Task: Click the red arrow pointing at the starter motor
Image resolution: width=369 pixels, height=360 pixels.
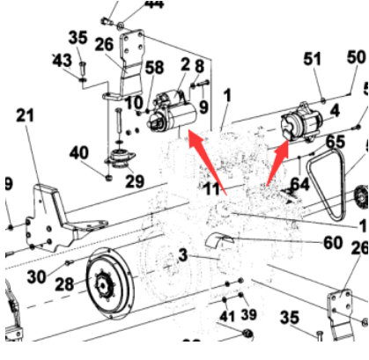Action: (x=201, y=155)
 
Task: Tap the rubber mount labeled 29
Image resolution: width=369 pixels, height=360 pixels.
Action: (x=117, y=163)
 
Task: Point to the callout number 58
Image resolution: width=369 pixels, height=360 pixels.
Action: (x=154, y=68)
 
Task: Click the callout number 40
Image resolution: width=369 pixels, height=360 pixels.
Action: (x=79, y=151)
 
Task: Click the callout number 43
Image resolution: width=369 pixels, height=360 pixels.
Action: (x=62, y=59)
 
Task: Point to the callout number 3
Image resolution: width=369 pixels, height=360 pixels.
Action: (x=184, y=255)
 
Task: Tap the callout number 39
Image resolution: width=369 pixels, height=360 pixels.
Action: (x=247, y=315)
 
